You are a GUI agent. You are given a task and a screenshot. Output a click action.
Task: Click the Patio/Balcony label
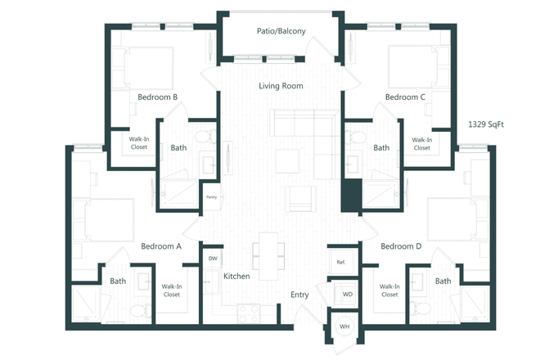point(280,32)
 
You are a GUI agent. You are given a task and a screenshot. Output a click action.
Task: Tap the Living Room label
point(281,86)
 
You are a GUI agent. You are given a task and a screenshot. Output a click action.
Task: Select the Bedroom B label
point(158,97)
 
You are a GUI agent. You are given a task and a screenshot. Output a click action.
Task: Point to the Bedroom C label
point(405,97)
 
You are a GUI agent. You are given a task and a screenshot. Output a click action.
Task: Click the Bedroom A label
point(161,246)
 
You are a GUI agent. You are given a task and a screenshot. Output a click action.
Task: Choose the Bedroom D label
point(401,246)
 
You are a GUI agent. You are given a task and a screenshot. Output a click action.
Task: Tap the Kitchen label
point(236,277)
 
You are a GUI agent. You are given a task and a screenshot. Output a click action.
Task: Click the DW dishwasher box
point(213,259)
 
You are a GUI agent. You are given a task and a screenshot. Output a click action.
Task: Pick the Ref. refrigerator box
point(340,262)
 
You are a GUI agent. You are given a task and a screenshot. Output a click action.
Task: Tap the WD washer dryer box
point(347,294)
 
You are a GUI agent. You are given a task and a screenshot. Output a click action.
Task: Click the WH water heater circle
point(344,327)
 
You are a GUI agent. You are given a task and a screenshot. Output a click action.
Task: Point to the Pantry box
point(211,197)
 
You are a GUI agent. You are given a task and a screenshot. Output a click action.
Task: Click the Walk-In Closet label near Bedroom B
point(138,144)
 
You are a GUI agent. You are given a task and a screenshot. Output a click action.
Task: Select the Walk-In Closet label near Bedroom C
point(421,144)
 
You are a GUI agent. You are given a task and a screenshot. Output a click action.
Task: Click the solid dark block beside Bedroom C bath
point(351,196)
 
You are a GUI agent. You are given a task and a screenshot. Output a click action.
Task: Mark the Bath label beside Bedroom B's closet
point(178,148)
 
